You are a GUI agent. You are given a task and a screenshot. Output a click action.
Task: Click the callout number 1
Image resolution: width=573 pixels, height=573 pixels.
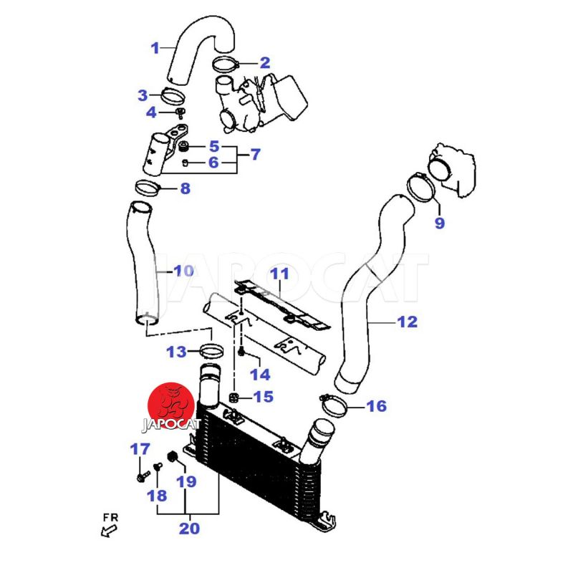[155, 49]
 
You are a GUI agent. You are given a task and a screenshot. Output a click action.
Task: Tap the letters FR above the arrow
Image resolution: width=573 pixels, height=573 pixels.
[110, 516]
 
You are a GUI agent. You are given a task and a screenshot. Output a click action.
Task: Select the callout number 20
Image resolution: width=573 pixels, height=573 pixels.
[190, 529]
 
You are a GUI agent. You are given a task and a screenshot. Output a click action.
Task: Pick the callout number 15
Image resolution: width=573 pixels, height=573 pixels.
[264, 396]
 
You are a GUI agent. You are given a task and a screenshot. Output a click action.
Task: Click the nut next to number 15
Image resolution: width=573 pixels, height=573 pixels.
[233, 397]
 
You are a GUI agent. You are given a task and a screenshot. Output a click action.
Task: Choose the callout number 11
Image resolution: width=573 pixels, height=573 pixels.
[279, 273]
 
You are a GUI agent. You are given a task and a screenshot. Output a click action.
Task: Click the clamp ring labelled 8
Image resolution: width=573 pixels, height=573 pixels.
[148, 188]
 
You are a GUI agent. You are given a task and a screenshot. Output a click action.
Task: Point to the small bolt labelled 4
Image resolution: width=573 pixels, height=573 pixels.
[181, 113]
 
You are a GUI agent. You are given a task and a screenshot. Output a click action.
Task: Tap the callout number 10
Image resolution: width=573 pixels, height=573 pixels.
[184, 271]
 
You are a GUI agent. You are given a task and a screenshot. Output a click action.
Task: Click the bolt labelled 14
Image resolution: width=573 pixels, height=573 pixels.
[242, 351]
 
